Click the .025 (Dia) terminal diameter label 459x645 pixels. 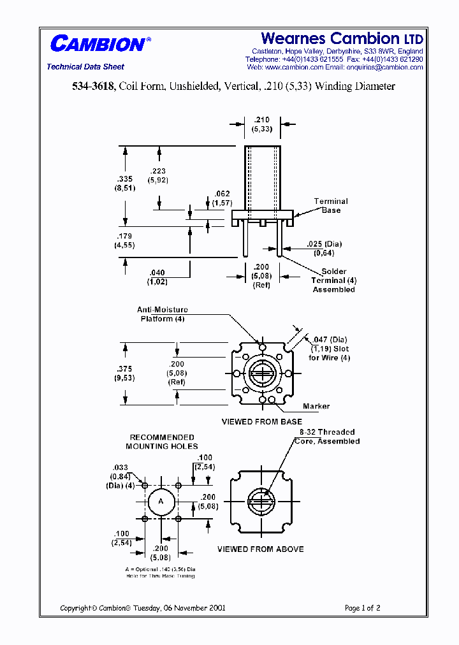[323, 244]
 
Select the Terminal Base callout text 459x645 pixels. [331, 206]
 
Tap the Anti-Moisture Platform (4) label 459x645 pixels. [163, 314]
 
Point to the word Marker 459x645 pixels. [316, 406]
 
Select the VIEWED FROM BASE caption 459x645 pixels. [261, 422]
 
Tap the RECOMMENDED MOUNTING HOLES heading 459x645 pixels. [162, 442]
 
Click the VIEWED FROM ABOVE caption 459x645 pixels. [260, 549]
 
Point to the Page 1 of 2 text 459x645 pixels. [362, 608]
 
